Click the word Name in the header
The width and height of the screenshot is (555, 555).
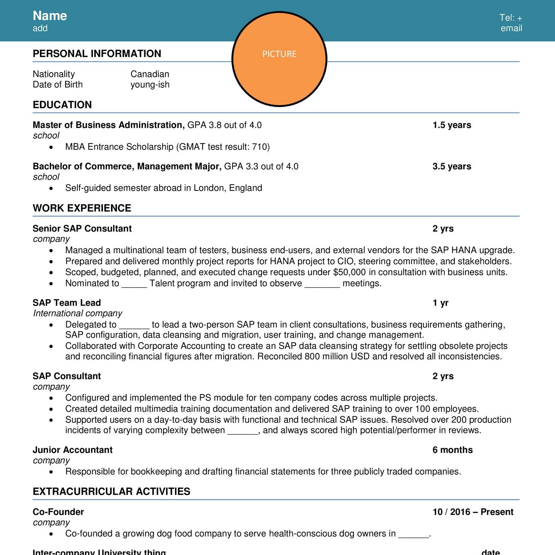[x=50, y=16]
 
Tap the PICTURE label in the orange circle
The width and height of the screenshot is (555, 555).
[x=279, y=54]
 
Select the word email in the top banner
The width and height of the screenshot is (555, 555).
[x=511, y=28]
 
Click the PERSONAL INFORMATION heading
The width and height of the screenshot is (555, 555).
[x=97, y=54]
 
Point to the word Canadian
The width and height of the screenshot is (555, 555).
[x=150, y=74]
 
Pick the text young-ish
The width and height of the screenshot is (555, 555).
[x=150, y=85]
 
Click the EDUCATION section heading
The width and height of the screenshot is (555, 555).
[x=62, y=105]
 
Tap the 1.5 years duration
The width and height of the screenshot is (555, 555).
[x=452, y=125]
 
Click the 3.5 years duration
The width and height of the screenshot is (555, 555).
[x=452, y=166]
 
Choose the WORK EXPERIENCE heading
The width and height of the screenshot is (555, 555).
[x=82, y=208]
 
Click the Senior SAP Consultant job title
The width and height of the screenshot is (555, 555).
[x=82, y=229]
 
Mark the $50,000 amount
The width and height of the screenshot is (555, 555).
[x=349, y=272]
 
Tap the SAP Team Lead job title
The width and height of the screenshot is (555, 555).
[x=67, y=303]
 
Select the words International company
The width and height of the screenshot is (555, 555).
[x=78, y=313]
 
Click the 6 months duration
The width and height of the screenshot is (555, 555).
[x=453, y=450]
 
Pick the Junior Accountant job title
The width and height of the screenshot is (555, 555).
[x=73, y=450]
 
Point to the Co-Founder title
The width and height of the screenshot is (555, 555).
[x=58, y=512]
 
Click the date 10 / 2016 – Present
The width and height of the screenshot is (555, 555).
[x=473, y=512]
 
